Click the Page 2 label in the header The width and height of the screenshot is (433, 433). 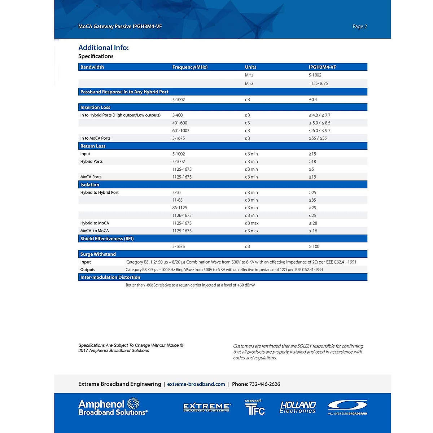[359, 26]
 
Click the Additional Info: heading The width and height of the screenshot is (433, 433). [104, 48]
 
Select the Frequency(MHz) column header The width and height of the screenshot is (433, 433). [190, 67]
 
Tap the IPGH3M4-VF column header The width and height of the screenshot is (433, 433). [322, 67]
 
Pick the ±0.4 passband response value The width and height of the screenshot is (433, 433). [313, 100]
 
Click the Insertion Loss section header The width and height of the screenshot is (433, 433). [95, 108]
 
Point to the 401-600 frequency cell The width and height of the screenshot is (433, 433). [180, 123]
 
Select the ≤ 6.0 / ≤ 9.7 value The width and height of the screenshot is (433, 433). [319, 131]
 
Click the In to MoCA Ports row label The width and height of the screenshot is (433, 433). [95, 138]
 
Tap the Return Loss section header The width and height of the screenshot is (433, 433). [93, 146]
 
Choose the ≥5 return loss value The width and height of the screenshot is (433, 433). [311, 169]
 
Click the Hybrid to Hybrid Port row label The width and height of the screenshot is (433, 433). [99, 192]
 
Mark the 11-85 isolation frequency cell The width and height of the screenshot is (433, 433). [177, 200]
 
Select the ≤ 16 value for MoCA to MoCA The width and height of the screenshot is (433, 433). [313, 231]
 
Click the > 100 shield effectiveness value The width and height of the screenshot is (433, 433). [314, 246]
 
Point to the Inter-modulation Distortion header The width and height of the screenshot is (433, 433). [110, 277]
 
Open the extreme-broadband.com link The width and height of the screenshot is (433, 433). [196, 384]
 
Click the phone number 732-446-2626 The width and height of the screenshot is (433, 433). [264, 384]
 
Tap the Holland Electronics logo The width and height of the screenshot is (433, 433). [298, 407]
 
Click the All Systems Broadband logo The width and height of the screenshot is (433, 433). [347, 407]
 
